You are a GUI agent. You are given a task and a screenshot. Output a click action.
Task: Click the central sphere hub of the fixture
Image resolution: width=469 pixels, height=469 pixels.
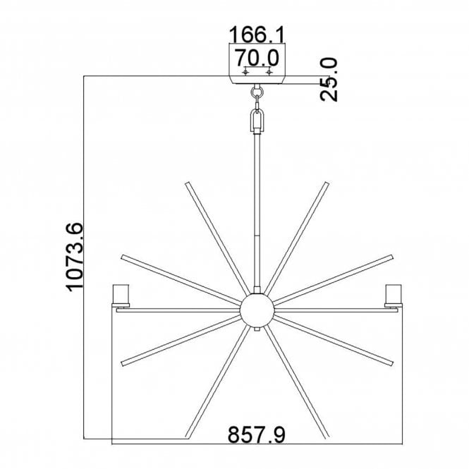click(256, 310)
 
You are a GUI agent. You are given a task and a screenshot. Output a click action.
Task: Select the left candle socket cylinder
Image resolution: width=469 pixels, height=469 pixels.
click(122, 294)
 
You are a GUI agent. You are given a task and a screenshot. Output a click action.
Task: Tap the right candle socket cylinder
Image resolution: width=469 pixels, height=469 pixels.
click(391, 294)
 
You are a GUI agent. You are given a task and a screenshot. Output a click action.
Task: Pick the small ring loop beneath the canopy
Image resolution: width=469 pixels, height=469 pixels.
click(257, 90)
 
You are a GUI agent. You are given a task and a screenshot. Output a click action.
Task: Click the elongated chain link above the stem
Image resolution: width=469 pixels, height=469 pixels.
click(257, 118)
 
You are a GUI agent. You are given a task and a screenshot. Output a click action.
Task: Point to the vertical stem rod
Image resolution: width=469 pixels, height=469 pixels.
click(257, 212)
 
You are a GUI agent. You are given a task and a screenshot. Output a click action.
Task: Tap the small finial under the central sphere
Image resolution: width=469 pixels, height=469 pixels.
click(257, 329)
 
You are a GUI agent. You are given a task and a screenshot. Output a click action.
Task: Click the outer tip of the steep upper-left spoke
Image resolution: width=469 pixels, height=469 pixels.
click(187, 185)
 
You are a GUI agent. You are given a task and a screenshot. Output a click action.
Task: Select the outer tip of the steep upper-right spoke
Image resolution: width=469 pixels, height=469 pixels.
click(327, 185)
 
